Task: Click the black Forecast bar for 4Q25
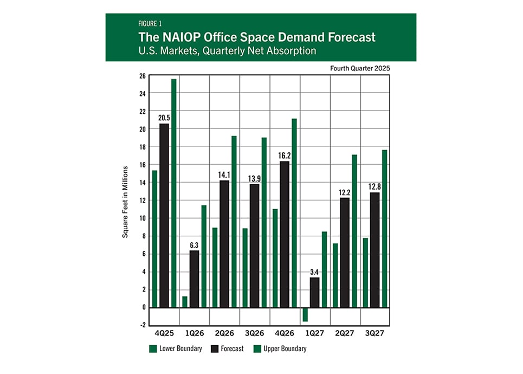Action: tap(164, 216)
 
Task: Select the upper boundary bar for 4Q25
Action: tap(174, 193)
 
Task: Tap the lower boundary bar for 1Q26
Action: tap(185, 302)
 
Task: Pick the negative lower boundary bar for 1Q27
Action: tap(305, 314)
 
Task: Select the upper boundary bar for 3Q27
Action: tap(384, 228)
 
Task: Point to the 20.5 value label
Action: tap(164, 118)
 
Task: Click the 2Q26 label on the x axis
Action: tap(224, 331)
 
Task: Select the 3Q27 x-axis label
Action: tap(375, 331)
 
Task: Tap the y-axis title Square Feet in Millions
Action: tap(125, 202)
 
